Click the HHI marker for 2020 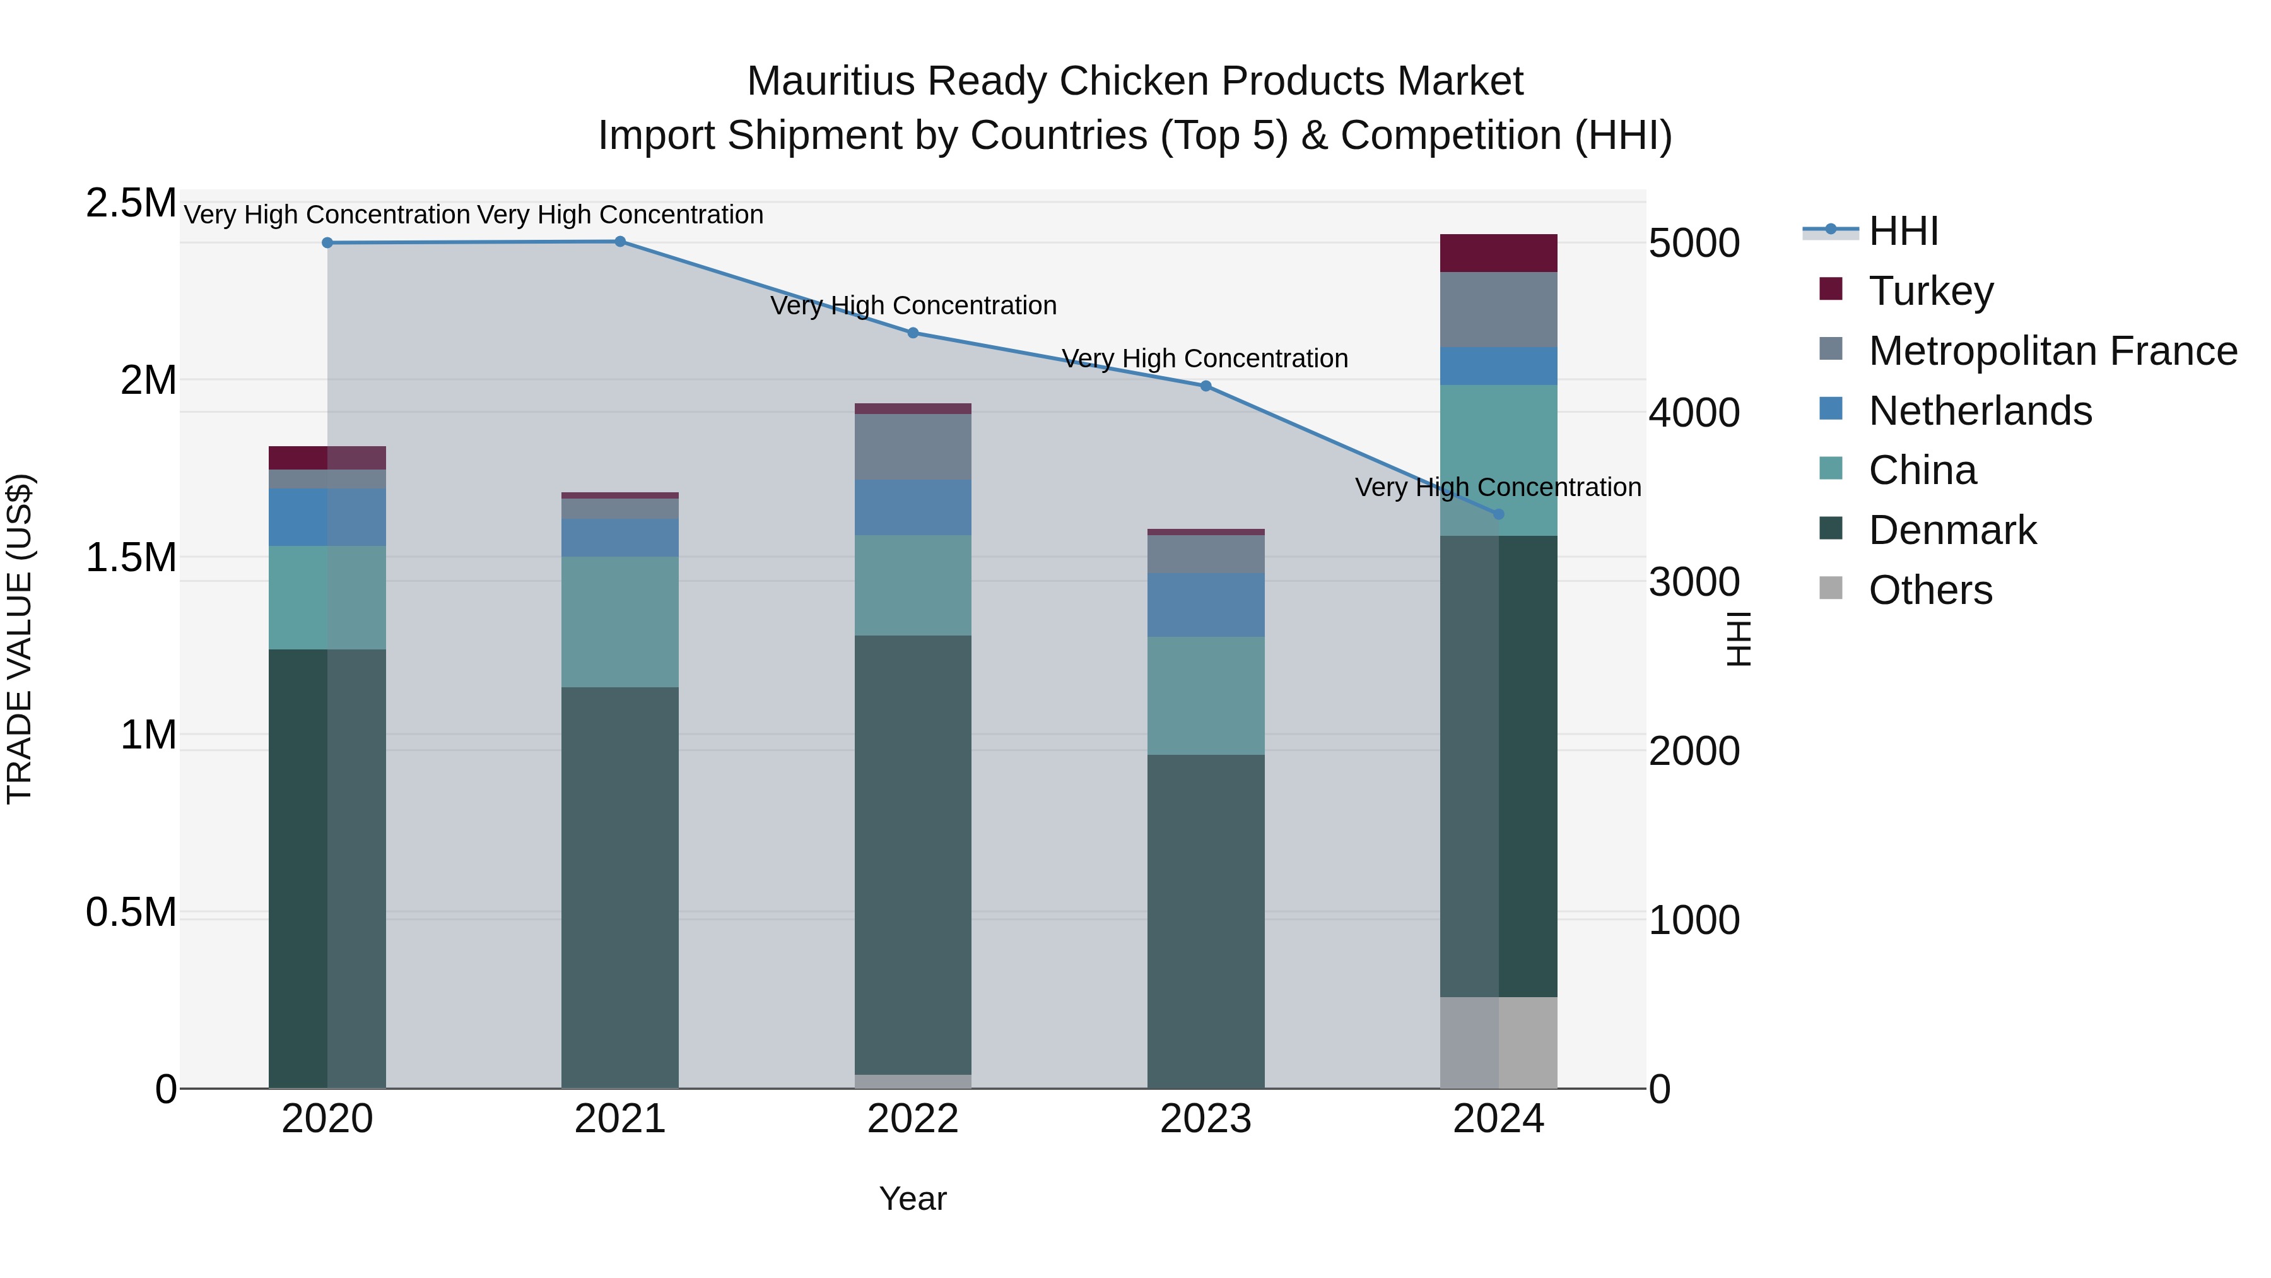(x=327, y=242)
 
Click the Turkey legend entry (x=1931, y=290)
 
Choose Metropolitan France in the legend (x=2052, y=350)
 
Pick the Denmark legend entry (x=1952, y=530)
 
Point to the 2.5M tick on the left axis (x=131, y=203)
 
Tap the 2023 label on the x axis (x=1205, y=1119)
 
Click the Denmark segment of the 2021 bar (x=619, y=887)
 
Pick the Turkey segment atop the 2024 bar (x=1499, y=253)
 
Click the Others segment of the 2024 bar (x=1499, y=1043)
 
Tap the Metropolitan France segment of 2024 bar (x=1499, y=310)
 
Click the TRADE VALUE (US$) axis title (x=20, y=639)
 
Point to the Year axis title (x=912, y=1198)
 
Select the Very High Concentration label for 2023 (x=1205, y=359)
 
